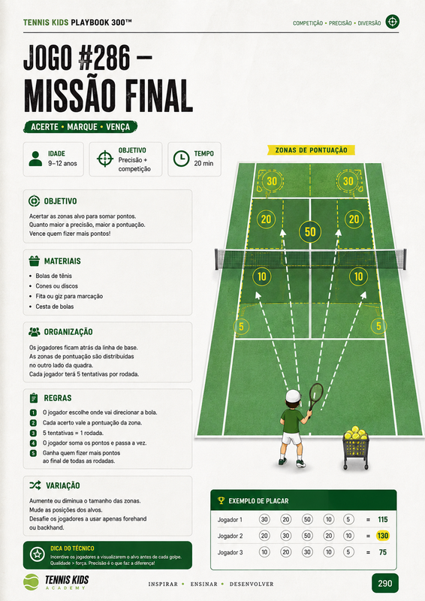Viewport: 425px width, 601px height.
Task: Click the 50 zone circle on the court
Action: (x=310, y=231)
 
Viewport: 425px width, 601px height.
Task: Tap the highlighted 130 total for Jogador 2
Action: (x=382, y=536)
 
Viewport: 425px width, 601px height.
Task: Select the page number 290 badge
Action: (x=384, y=584)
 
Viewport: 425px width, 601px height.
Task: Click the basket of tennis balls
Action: (x=356, y=448)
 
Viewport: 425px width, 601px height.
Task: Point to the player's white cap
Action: (x=293, y=396)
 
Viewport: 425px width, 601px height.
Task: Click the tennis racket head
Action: (x=316, y=394)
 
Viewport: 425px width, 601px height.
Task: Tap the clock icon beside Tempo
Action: (x=181, y=159)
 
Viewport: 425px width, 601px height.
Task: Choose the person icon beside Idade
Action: (x=35, y=159)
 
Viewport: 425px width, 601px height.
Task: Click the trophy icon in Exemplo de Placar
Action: (x=221, y=500)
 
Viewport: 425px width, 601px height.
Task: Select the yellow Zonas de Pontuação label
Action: (x=311, y=149)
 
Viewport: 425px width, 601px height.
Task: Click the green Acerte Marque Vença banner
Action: (x=80, y=127)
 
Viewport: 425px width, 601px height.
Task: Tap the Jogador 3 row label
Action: (x=230, y=552)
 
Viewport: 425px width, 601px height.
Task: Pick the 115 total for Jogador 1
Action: (x=382, y=520)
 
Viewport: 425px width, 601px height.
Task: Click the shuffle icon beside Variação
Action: (x=35, y=485)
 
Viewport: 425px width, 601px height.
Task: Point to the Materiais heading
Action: (x=62, y=261)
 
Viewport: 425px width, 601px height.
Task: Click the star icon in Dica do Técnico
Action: (x=38, y=554)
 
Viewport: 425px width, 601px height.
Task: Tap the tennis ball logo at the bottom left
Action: (x=31, y=582)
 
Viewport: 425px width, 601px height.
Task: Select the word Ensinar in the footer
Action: (x=204, y=584)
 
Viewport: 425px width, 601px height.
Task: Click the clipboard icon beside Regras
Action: (x=34, y=398)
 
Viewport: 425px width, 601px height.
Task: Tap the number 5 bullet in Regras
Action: (x=33, y=453)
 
